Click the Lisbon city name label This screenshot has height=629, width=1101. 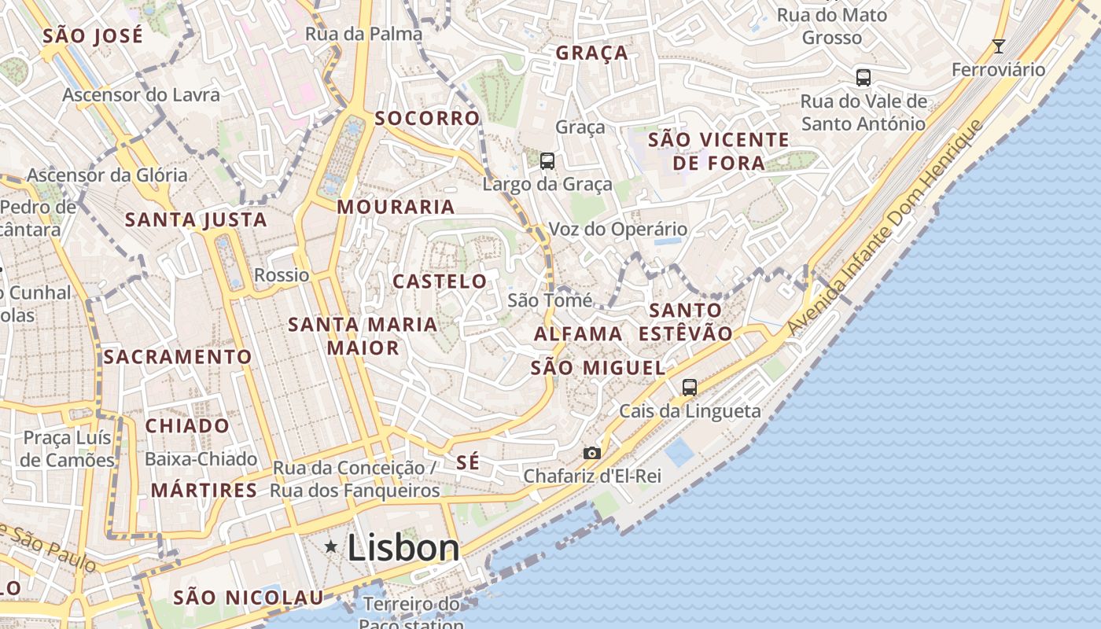403,547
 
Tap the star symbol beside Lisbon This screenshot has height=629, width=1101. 331,546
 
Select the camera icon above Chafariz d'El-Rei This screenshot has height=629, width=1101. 592,453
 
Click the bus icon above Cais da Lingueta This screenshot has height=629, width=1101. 690,387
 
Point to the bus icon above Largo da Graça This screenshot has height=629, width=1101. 547,161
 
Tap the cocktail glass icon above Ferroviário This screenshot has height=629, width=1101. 999,46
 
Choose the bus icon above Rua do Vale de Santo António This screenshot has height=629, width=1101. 863,78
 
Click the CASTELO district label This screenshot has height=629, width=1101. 440,281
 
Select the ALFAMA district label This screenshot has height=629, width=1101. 578,334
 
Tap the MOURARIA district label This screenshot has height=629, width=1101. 396,207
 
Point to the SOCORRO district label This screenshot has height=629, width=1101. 427,119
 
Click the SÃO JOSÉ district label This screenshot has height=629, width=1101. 93,35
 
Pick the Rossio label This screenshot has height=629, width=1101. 282,275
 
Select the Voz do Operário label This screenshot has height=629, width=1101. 617,230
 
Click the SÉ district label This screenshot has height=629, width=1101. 467,462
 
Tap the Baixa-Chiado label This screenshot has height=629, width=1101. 201,458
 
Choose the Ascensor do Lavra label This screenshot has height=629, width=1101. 142,94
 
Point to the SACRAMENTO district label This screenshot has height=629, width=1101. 178,357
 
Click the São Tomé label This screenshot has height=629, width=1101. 550,300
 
